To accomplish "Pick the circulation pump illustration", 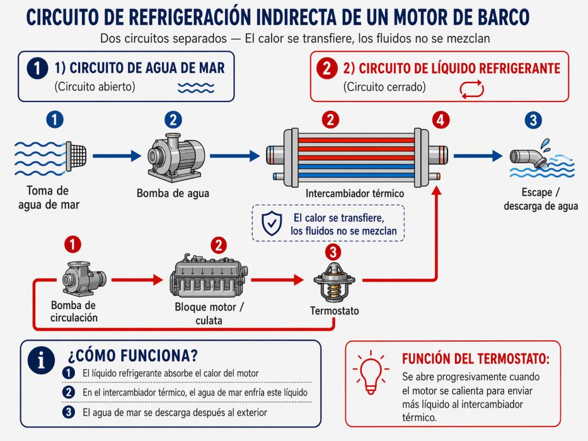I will [x=83, y=277].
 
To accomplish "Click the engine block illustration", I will [x=207, y=278].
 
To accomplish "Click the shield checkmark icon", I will [x=272, y=224].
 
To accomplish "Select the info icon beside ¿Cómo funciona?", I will [x=43, y=360].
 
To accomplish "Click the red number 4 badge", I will [x=442, y=119].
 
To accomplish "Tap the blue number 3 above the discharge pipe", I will [x=533, y=120].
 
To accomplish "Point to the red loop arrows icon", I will [x=473, y=89].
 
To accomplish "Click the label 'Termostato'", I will [x=335, y=311].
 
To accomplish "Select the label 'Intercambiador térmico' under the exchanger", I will [x=354, y=193].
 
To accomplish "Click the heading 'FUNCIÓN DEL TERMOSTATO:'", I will [x=475, y=359].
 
